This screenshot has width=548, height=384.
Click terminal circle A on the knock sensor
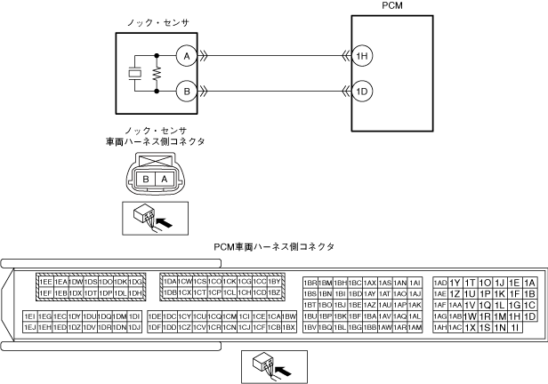[186, 55]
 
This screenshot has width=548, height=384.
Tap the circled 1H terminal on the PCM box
[362, 55]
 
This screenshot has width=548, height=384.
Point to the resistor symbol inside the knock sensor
[157, 73]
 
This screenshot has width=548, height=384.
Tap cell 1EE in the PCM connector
[44, 282]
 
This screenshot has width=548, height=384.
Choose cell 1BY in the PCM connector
[275, 282]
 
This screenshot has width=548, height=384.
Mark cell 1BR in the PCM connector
[310, 282]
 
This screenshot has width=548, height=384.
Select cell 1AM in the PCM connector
[414, 327]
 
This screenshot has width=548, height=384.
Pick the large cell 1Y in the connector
[455, 282]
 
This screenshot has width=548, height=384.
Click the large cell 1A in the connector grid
[530, 282]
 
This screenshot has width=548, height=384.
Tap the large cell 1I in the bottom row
[516, 327]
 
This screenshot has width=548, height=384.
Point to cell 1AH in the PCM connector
[439, 327]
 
